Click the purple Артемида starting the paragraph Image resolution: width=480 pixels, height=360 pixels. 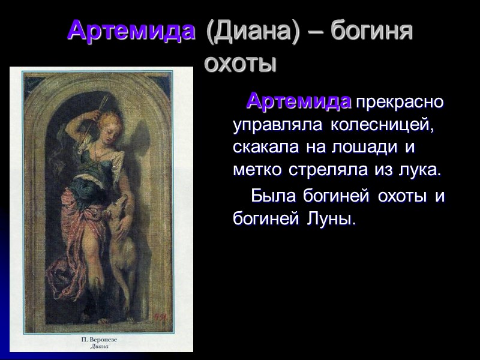[x=299, y=100]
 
